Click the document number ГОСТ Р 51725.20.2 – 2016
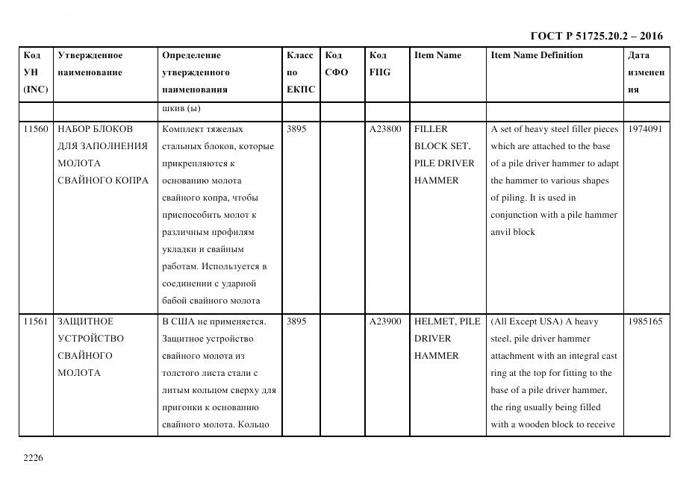(x=596, y=36)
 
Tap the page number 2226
(x=34, y=458)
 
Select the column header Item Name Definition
(x=537, y=55)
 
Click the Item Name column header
(x=437, y=55)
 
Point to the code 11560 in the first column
(x=36, y=129)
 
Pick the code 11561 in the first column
(x=36, y=321)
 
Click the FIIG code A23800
(x=385, y=129)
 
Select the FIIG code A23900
(x=385, y=321)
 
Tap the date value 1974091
(x=645, y=129)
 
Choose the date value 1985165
(x=645, y=321)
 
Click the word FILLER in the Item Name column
(x=431, y=129)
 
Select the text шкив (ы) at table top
(x=181, y=109)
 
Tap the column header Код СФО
(x=337, y=64)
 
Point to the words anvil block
(x=513, y=232)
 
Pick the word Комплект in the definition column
(x=182, y=129)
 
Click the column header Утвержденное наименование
(x=90, y=64)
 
